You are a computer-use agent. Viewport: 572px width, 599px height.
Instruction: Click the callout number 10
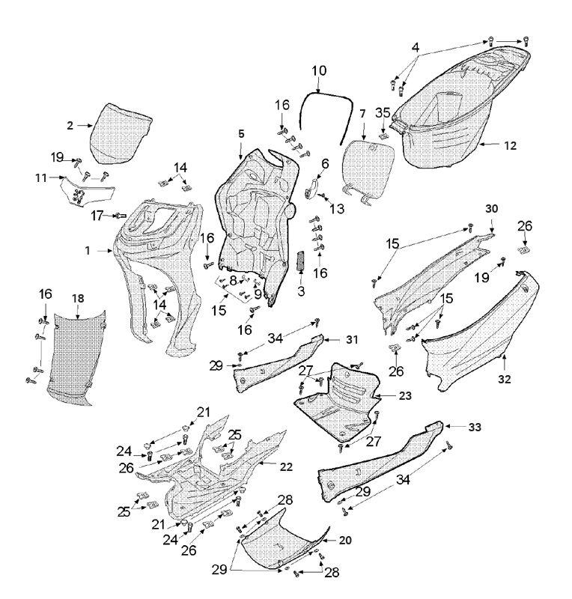(x=319, y=70)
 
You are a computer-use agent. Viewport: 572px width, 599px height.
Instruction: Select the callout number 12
(x=510, y=146)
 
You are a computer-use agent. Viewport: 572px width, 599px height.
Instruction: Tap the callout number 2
(x=70, y=126)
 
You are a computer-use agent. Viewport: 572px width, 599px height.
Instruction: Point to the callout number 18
(x=78, y=299)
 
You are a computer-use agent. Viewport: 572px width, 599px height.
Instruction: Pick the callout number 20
(x=345, y=539)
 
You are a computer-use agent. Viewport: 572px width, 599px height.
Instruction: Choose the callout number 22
(x=287, y=466)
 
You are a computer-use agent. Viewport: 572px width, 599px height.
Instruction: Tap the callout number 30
(x=492, y=207)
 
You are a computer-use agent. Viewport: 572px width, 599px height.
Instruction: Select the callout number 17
(x=97, y=216)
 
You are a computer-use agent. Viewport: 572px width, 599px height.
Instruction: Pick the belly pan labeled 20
(x=281, y=547)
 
